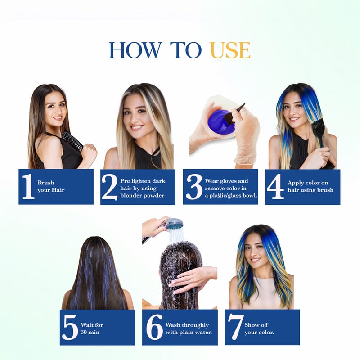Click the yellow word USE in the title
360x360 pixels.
click(230, 50)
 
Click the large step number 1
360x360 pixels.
click(28, 186)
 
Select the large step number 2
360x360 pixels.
click(109, 187)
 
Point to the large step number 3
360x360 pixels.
click(194, 187)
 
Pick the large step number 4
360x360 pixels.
click(275, 186)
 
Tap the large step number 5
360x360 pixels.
click(70, 328)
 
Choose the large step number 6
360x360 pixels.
click(154, 328)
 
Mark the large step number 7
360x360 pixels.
click(235, 327)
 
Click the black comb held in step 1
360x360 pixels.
click(72, 141)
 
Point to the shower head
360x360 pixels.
click(175, 224)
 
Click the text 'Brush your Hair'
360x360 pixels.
click(51, 186)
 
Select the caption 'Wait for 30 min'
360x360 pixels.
click(92, 328)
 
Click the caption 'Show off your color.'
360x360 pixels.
click(259, 328)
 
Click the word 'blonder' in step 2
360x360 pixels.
click(129, 195)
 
